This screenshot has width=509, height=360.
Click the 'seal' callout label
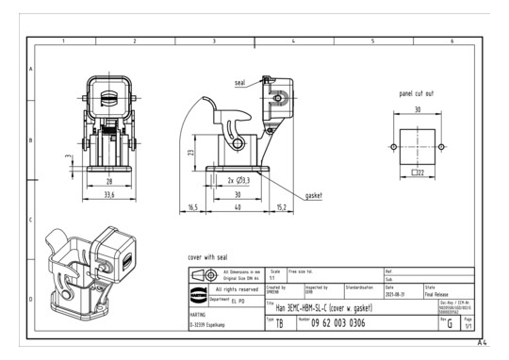tap(241, 83)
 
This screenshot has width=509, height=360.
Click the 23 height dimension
tap(191, 152)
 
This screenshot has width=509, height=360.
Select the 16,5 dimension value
tap(193, 206)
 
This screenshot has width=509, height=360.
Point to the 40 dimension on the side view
tap(238, 206)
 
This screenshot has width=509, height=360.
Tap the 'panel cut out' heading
tap(417, 94)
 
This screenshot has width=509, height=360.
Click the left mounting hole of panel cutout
tap(392, 146)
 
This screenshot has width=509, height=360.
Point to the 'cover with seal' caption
tap(207, 255)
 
